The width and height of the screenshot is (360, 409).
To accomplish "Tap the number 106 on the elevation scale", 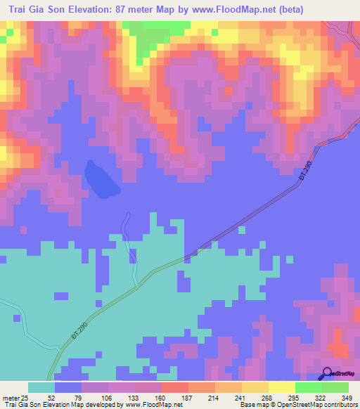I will point(107,397).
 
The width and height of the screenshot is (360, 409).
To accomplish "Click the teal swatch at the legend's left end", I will point(41,387).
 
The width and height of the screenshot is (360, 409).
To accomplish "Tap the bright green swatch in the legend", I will point(308,387).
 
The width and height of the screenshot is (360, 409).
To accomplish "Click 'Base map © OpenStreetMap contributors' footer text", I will point(297,405).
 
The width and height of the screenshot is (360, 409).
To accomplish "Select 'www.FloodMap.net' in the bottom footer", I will point(148,405).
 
